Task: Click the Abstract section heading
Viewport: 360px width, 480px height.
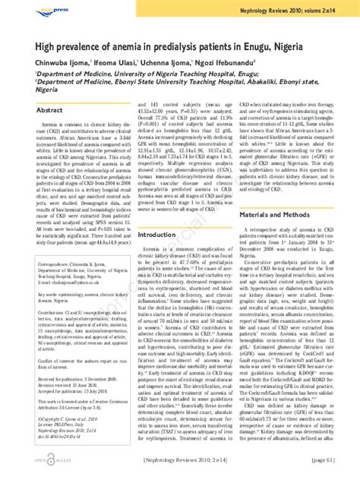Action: tap(49, 111)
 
